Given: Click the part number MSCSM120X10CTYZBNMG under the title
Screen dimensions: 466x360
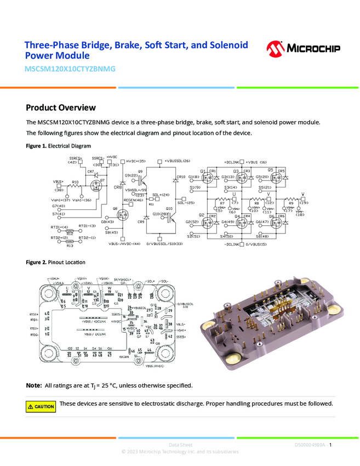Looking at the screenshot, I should (70, 70).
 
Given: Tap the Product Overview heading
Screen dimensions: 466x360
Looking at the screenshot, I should (61, 107).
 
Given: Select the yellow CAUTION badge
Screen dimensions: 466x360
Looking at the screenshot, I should (41, 406).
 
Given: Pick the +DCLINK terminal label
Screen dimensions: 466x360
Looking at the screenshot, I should (233, 162).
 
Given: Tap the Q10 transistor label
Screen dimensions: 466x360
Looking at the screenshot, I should (169, 208).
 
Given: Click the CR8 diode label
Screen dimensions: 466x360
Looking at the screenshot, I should (117, 187).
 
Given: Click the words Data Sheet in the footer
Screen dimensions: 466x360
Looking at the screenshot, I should (180, 445).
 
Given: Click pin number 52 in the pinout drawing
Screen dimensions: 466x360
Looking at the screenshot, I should (70, 354).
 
